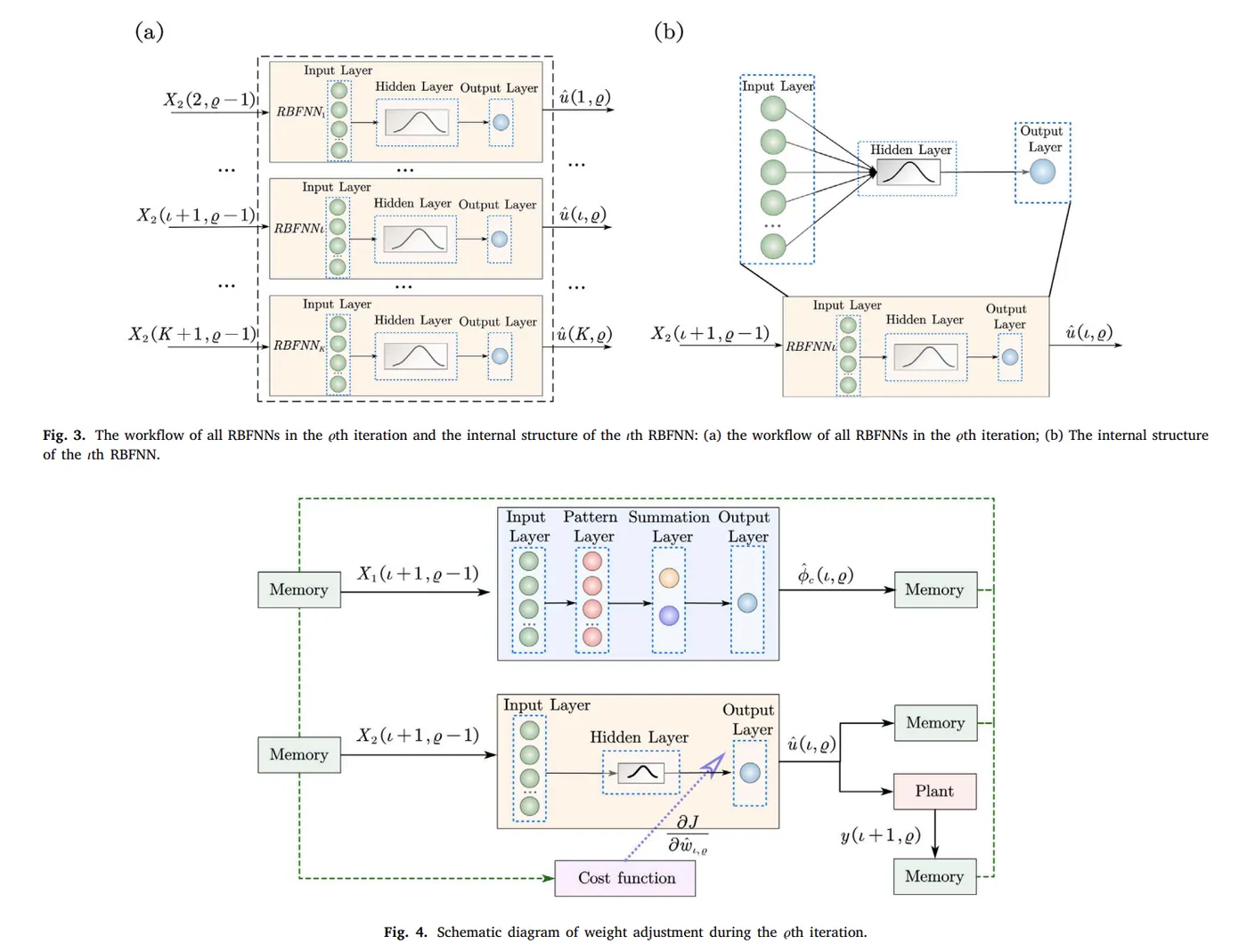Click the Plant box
pos(934,791)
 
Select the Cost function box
pos(625,878)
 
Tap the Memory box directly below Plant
pos(934,876)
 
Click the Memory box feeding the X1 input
pos(298,590)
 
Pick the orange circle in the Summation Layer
pos(669,577)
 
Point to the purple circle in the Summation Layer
pos(669,614)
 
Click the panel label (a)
pos(149,32)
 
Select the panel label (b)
pos(668,32)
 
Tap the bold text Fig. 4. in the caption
pos(405,932)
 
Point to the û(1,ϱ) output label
pos(585,97)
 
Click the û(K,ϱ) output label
pos(585,335)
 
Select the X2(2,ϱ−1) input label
pos(209,100)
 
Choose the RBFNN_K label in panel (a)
pos(298,346)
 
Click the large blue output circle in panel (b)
pos(1042,172)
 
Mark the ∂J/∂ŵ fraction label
pos(688,834)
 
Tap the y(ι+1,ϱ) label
pos(880,835)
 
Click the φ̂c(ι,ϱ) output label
pos(826,575)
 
